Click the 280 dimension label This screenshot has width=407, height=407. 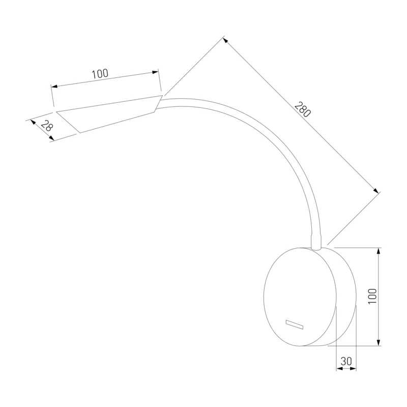coord(302,109)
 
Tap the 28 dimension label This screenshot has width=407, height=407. coord(47,126)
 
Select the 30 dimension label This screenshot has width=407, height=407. coord(346,361)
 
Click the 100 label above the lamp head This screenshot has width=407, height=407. coord(100,74)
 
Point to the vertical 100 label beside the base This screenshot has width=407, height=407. coord(372,296)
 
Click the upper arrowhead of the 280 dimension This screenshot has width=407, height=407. coord(225,40)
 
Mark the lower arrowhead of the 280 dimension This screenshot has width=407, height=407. coord(375,190)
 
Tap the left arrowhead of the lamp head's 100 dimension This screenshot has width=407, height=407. coord(54,86)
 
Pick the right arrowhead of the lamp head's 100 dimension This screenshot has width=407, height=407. coord(155,72)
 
